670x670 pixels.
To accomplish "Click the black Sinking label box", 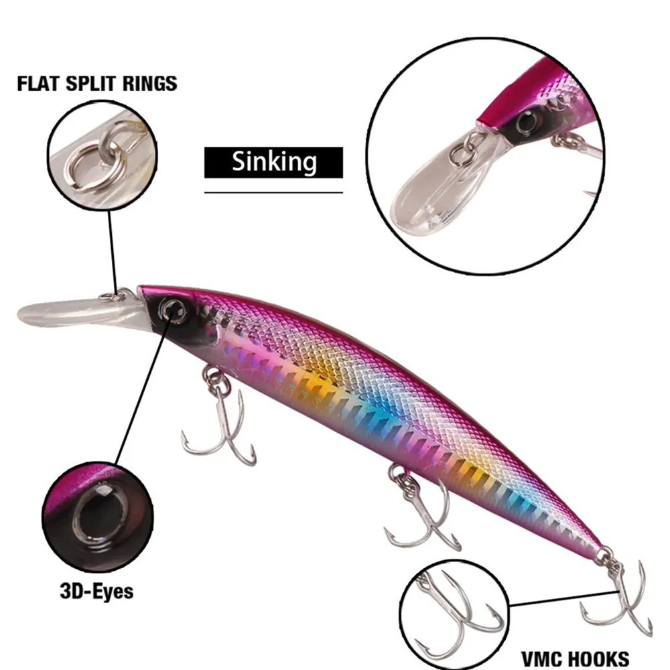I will [x=273, y=162].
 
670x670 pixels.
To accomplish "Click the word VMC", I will [x=544, y=658].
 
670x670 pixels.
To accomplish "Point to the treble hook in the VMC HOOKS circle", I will [x=456, y=613].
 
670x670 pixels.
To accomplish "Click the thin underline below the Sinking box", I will [x=273, y=192].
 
